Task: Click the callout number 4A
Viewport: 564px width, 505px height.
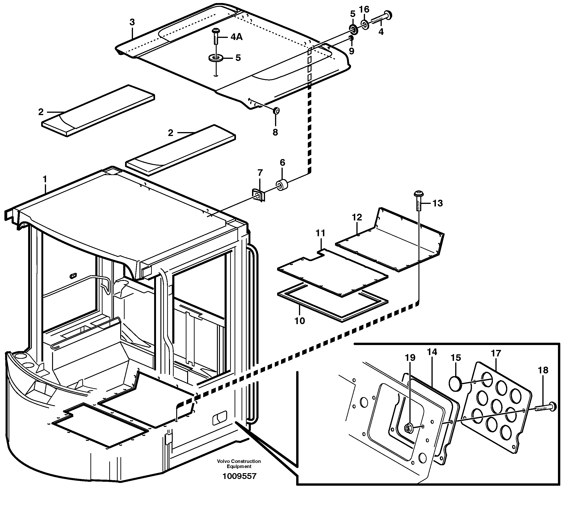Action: [236, 37]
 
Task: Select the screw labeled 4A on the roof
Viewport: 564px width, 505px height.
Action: [216, 36]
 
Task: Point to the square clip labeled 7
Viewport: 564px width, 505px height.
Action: [258, 195]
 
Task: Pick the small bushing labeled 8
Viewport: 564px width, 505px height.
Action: [276, 111]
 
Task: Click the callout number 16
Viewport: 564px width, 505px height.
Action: [364, 10]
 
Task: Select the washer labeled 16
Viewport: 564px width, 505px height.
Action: [365, 25]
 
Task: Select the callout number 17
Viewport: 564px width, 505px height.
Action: [496, 353]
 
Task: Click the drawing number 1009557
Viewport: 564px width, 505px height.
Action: [239, 476]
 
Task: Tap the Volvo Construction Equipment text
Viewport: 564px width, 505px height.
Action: [239, 464]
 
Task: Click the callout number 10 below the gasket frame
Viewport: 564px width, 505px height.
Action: [299, 321]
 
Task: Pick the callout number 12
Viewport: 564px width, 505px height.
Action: [357, 217]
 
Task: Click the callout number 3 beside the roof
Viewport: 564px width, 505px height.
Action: [132, 22]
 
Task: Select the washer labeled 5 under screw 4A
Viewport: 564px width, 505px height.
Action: [216, 58]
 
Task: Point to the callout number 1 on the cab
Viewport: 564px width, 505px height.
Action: [45, 179]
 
